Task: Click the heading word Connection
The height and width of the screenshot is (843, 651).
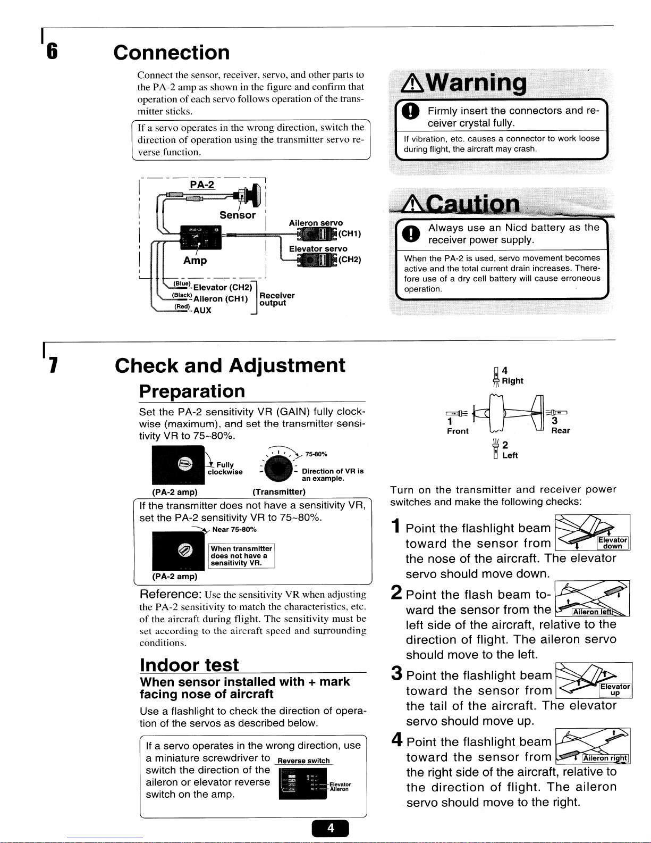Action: point(172,53)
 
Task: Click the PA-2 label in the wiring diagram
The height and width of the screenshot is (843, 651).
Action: point(202,185)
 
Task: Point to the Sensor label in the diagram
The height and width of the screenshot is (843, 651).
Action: point(238,215)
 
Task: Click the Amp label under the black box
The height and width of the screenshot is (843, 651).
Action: point(195,261)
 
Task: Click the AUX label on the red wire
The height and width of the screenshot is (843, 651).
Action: point(202,311)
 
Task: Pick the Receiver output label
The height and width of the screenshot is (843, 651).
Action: point(276,299)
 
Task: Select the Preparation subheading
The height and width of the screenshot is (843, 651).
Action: point(192,391)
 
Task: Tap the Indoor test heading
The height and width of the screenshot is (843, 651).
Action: point(189,665)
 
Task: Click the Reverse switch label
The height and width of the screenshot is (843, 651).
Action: point(304,761)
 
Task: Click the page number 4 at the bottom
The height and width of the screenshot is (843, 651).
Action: point(330,828)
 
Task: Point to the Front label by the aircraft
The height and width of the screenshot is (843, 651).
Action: point(458,431)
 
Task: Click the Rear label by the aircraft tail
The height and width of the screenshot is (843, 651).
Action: point(561,431)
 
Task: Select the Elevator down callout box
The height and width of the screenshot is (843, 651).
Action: point(613,542)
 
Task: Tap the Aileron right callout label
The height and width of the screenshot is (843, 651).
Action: point(605,758)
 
